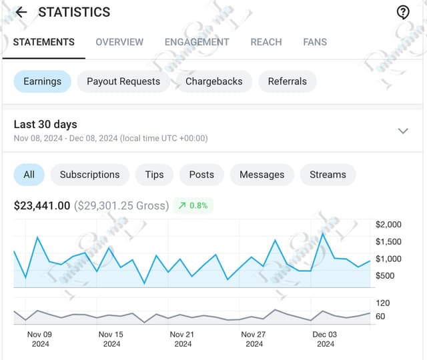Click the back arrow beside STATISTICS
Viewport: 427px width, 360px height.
(x=21, y=12)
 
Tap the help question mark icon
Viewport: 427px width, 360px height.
(x=403, y=12)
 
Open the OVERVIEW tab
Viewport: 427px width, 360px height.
(x=119, y=42)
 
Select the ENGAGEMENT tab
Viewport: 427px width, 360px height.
(x=197, y=42)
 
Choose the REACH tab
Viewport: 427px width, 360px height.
(x=266, y=42)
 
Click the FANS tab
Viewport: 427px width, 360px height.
(x=315, y=42)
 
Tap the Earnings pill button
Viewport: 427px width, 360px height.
(x=42, y=81)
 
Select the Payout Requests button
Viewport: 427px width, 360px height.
(x=123, y=81)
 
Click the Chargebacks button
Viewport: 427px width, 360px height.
(x=214, y=81)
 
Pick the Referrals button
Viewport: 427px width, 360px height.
(x=288, y=81)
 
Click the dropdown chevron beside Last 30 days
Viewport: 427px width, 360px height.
(x=403, y=131)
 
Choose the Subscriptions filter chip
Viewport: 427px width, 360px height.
(x=89, y=175)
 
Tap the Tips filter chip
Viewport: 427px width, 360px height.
(x=154, y=175)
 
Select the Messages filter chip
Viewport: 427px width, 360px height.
(x=262, y=175)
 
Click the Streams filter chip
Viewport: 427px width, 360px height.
(x=328, y=175)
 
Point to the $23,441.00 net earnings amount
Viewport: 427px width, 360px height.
(x=42, y=205)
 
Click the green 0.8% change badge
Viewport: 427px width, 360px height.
(x=193, y=205)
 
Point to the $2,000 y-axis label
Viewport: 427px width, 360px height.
(x=389, y=225)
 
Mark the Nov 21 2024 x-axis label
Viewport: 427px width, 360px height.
(x=182, y=339)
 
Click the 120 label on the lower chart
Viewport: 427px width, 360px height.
(x=383, y=303)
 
